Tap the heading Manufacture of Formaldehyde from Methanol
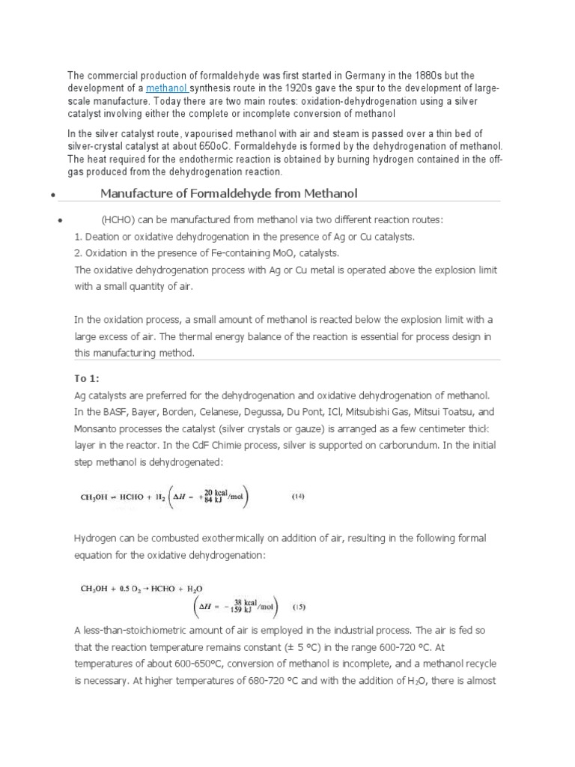[229, 194]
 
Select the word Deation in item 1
[102, 237]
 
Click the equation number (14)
[298, 496]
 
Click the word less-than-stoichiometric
[143, 631]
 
